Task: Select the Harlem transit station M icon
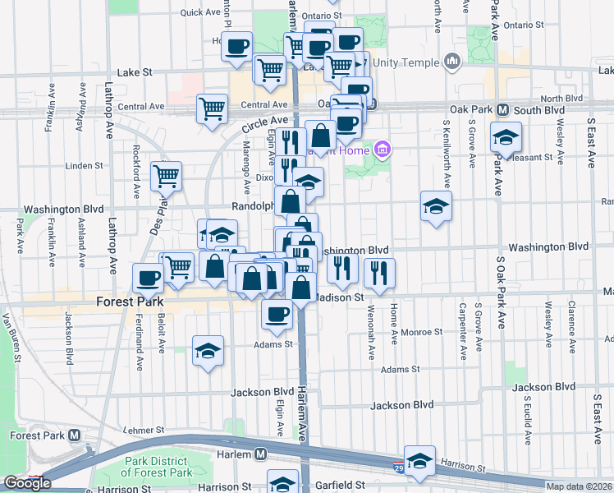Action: [260, 454]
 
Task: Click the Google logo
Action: [27, 483]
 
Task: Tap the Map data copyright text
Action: [580, 486]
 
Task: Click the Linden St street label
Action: [84, 165]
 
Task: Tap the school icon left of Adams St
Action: [208, 351]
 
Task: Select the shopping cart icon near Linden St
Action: [166, 175]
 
